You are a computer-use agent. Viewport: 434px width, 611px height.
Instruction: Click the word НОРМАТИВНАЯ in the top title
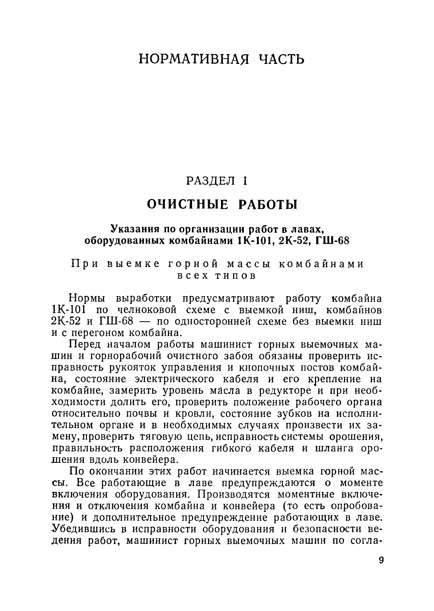tap(194, 59)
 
